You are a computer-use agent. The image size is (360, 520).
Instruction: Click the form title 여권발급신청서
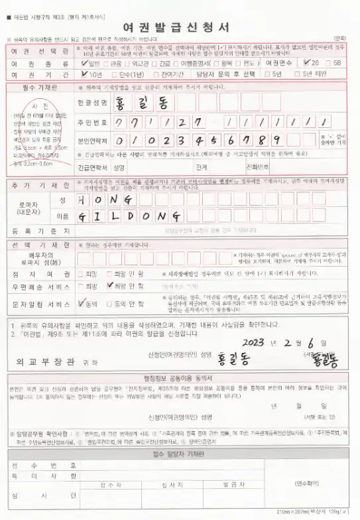click(x=180, y=27)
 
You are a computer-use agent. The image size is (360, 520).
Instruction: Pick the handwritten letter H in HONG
click(x=82, y=200)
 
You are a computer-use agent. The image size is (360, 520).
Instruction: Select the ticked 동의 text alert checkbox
click(x=82, y=302)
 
